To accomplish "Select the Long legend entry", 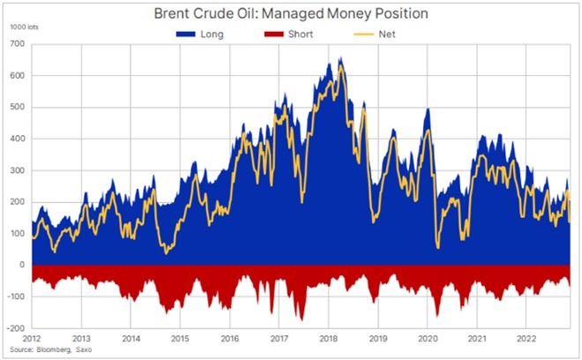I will point(204,34).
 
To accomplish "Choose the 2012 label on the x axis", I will point(33,339).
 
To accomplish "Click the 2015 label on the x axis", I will point(179,339).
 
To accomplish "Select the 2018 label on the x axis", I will point(328,339).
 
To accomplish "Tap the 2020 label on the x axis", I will point(427,339).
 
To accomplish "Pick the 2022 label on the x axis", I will point(526,339).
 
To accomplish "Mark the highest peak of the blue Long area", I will point(340,59).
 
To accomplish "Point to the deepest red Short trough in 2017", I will point(302,319).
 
